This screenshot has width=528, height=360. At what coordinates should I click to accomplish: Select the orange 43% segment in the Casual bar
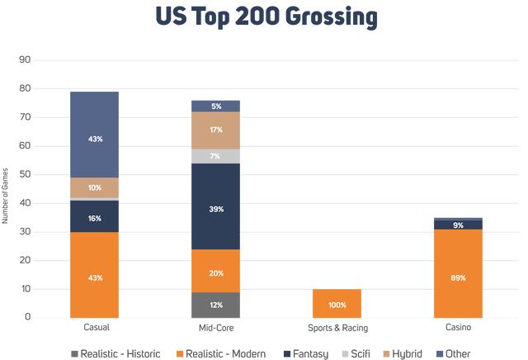click(x=95, y=277)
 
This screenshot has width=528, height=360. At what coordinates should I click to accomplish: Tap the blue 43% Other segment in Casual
click(x=95, y=138)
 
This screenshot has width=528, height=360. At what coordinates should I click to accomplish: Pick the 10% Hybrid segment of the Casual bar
click(x=95, y=187)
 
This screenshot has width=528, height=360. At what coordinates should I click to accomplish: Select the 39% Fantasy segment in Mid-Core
click(x=216, y=209)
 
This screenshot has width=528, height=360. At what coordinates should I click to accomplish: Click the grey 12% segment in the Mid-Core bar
click(x=216, y=305)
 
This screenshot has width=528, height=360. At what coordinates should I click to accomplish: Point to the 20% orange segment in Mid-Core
click(x=216, y=272)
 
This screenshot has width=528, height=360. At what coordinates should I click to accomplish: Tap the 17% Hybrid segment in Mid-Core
click(x=216, y=130)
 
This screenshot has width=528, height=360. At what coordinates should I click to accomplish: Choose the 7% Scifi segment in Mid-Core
click(x=216, y=156)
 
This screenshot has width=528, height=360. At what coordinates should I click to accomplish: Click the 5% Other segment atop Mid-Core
click(x=216, y=106)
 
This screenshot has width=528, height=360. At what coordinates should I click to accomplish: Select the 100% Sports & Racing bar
click(x=337, y=304)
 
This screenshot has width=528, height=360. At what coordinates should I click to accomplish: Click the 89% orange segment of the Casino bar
click(x=458, y=277)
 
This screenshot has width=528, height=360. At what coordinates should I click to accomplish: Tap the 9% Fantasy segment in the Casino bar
click(x=458, y=225)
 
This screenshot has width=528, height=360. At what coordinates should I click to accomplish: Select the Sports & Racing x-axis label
click(x=337, y=328)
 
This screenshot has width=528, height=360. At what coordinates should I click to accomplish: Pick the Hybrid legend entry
click(x=403, y=353)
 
